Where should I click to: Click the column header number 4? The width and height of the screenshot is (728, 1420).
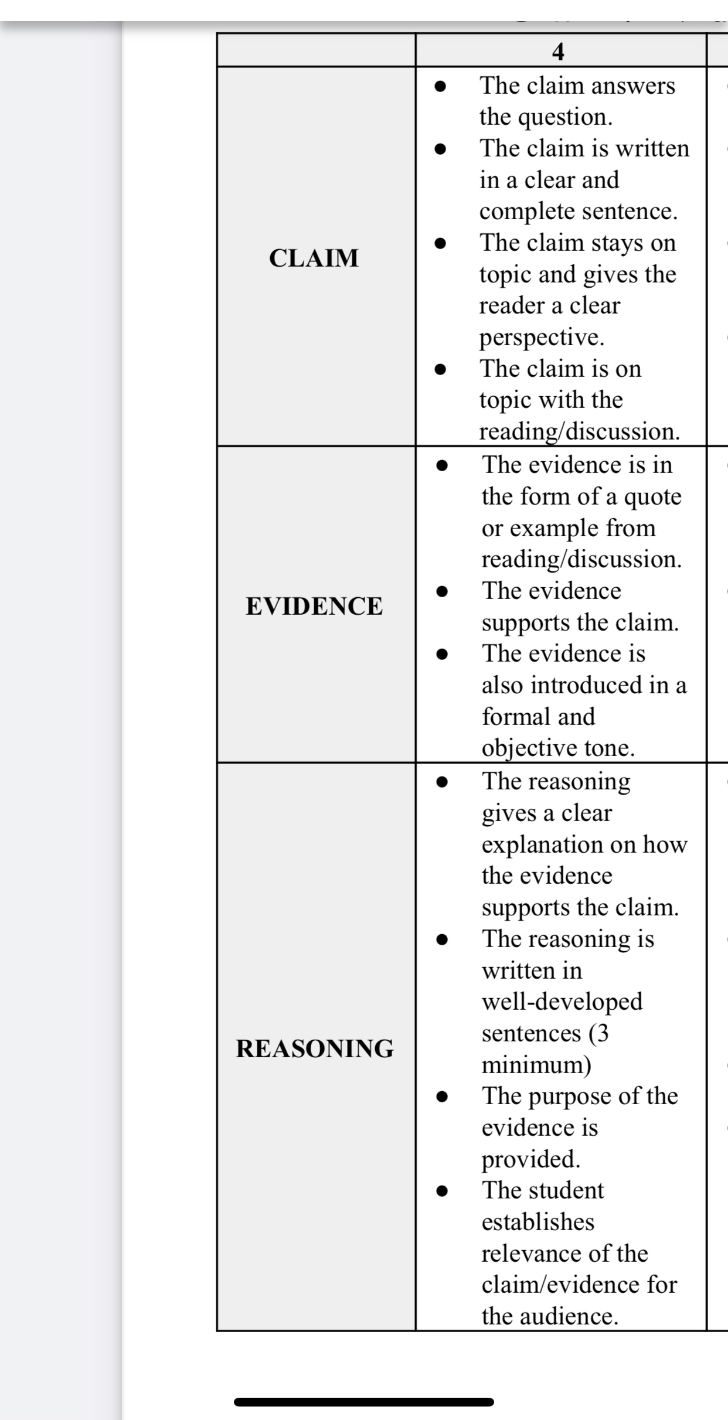pyautogui.click(x=558, y=52)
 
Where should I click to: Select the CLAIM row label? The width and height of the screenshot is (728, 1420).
pyautogui.click(x=314, y=258)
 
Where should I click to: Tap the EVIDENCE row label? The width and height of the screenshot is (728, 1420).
pyautogui.click(x=314, y=606)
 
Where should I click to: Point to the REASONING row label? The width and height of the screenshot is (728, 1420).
pyautogui.click(x=315, y=1048)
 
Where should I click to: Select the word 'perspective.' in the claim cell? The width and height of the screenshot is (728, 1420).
pyautogui.click(x=542, y=338)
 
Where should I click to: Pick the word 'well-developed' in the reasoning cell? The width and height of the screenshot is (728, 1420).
pyautogui.click(x=562, y=1002)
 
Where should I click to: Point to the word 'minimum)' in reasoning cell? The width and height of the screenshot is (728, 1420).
pyautogui.click(x=536, y=1064)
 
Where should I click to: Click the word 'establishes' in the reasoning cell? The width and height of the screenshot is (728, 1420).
pyautogui.click(x=538, y=1222)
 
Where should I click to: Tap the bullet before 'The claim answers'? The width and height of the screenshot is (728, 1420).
pyautogui.click(x=441, y=86)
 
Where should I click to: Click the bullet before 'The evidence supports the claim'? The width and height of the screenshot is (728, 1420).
pyautogui.click(x=443, y=591)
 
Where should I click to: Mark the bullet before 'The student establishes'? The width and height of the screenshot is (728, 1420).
pyautogui.click(x=443, y=1191)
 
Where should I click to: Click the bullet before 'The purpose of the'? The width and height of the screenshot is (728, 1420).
pyautogui.click(x=443, y=1096)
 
